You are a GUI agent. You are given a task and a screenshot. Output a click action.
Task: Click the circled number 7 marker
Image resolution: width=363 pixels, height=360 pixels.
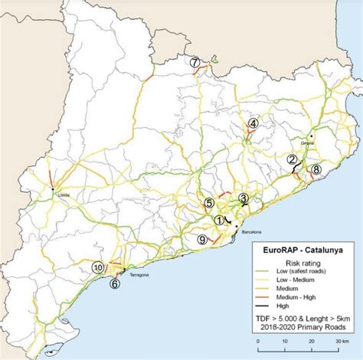click(x=196, y=62)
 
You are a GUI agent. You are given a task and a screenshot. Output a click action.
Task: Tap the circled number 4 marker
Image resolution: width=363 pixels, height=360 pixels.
click(x=253, y=123)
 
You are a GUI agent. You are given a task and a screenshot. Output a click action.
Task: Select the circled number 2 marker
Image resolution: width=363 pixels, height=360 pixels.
click(x=291, y=159)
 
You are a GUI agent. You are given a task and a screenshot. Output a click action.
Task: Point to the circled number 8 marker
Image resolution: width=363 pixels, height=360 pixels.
click(x=316, y=169)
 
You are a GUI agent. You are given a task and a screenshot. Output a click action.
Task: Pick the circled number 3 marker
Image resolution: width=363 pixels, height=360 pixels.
click(x=244, y=198)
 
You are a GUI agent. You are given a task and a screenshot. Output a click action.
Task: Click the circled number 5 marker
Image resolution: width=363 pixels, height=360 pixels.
click(x=209, y=203)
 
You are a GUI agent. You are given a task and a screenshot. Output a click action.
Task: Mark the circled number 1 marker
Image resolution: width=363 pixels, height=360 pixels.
click(x=219, y=219)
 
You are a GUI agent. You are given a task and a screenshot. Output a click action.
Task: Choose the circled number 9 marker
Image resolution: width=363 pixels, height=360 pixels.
click(x=202, y=240)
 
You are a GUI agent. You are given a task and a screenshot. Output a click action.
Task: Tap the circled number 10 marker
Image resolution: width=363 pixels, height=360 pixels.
click(x=98, y=267)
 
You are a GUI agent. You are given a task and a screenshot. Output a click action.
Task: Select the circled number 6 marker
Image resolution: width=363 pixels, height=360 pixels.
click(x=114, y=283)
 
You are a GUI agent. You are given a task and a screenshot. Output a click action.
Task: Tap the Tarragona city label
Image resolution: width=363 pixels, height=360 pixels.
click(x=138, y=274)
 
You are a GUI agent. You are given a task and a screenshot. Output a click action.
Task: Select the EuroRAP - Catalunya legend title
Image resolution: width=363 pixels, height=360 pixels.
click(x=301, y=249)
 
